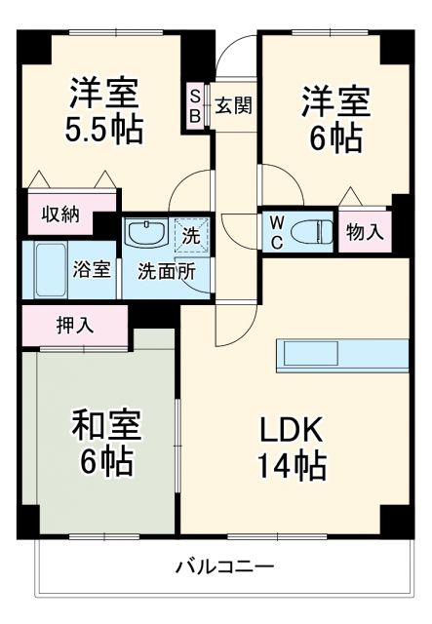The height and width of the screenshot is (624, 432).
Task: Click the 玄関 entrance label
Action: [233, 104]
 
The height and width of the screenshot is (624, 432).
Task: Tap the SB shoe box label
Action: [195, 105]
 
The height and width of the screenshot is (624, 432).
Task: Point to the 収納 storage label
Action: [60, 213]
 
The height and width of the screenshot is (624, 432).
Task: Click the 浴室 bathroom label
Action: [94, 270]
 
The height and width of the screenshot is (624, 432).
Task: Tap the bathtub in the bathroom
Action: [45, 270]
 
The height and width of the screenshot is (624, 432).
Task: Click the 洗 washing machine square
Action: [191, 235]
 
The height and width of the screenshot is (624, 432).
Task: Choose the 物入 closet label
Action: [365, 232]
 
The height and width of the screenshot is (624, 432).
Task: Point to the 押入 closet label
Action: [74, 324]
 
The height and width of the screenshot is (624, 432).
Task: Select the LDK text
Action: [290, 429]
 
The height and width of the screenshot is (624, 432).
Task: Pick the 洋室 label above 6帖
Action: [334, 100]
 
